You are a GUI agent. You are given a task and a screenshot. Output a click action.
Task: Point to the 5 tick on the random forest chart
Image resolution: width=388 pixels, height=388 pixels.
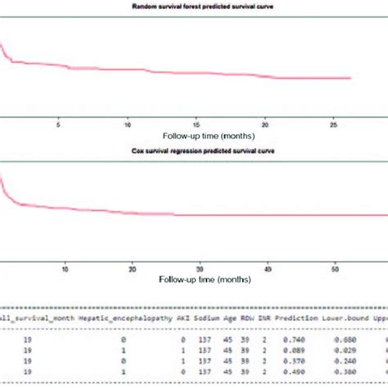coord(58,125)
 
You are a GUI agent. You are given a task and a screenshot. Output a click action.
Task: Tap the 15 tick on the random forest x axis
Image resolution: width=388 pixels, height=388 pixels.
coord(197,125)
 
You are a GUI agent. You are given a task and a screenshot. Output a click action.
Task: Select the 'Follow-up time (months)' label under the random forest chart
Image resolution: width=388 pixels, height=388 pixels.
coord(201,136)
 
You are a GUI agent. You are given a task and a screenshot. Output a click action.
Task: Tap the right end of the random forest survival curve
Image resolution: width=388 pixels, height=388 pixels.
coord(350,78)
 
